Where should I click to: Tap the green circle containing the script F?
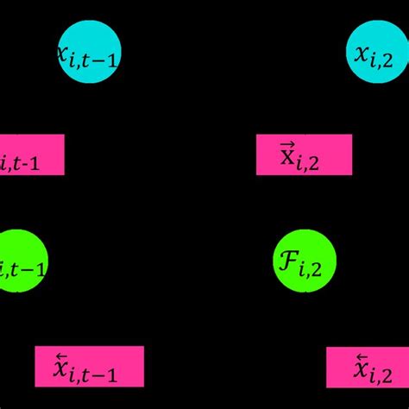click(x=304, y=261)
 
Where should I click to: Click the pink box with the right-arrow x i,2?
click(x=304, y=155)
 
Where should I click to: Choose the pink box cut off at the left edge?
click(x=31, y=155)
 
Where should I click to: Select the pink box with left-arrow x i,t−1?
click(x=89, y=366)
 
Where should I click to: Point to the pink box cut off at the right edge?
click(x=367, y=367)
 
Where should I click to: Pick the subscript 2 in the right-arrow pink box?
click(x=313, y=165)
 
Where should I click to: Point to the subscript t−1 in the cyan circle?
click(x=95, y=61)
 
